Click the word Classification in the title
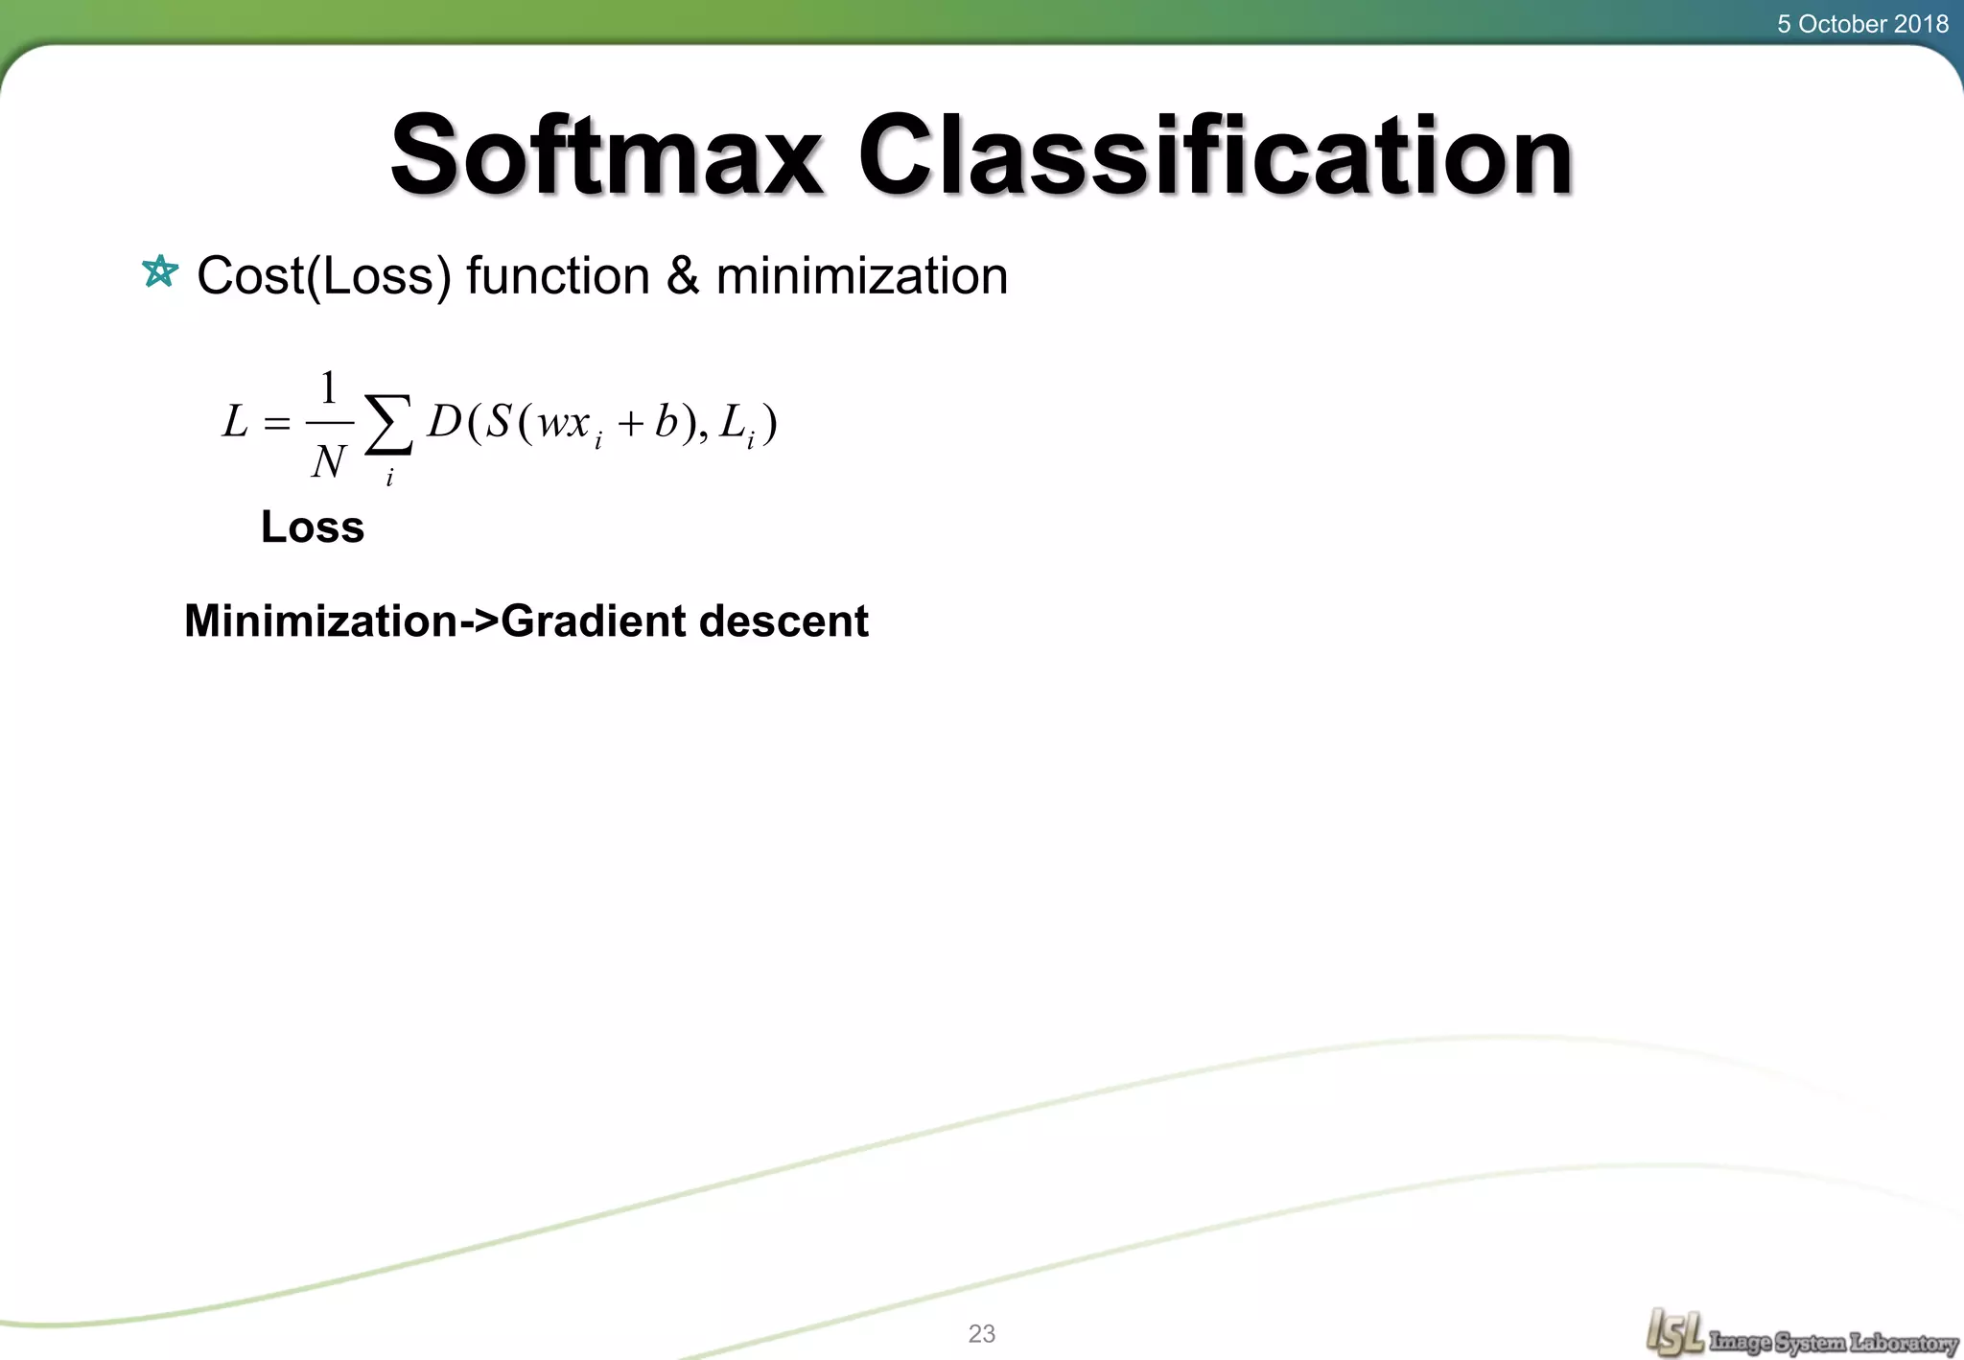tap(1214, 155)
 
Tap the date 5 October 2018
tap(1862, 24)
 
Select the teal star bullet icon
tap(160, 272)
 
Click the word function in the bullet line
tap(557, 276)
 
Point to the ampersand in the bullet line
tap(682, 276)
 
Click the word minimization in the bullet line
tap(861, 276)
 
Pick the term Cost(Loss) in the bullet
tap(323, 276)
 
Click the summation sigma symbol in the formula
tap(388, 424)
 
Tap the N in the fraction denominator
tap(328, 461)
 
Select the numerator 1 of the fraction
tap(329, 388)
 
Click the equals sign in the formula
tap(276, 423)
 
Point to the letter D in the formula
tap(444, 421)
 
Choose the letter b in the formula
tap(666, 421)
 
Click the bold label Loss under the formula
tap(313, 527)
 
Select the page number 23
tap(982, 1333)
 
